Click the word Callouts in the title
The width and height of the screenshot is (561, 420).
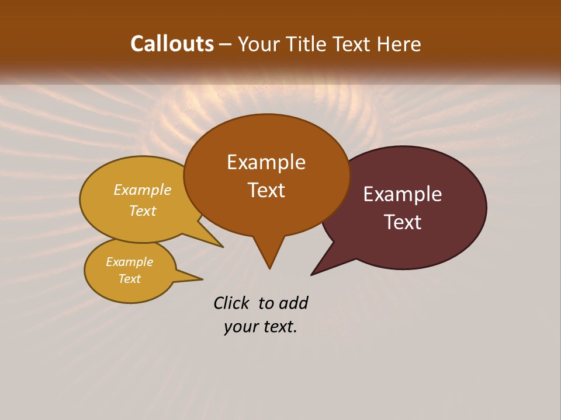pos(172,44)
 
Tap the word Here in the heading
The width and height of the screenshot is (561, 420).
pos(399,44)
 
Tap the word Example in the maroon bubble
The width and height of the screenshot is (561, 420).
pos(403,194)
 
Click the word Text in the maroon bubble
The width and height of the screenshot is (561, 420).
pos(403,222)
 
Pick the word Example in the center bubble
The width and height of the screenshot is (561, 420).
pos(266,162)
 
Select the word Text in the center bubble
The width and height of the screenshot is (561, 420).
pos(266,190)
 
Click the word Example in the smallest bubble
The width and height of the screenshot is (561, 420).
pos(129,262)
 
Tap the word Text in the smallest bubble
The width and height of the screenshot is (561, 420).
pos(129,279)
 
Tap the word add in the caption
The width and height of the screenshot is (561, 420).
pos(293,303)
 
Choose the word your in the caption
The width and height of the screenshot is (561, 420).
pos(240,327)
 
